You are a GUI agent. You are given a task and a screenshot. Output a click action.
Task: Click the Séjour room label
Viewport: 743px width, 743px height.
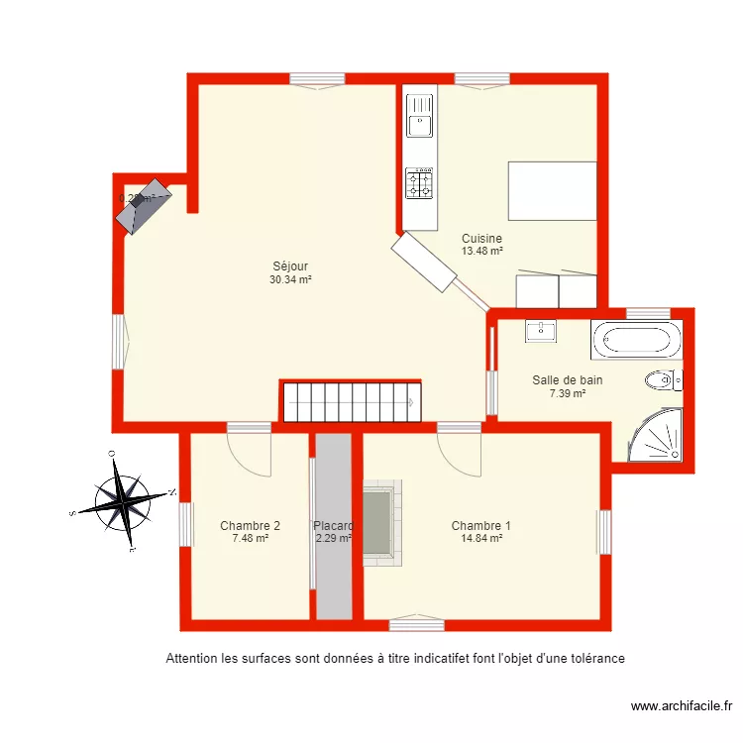[290, 265]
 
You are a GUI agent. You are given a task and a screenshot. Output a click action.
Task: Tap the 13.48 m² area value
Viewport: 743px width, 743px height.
[481, 252]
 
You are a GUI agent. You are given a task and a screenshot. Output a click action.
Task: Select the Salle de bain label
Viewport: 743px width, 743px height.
[567, 379]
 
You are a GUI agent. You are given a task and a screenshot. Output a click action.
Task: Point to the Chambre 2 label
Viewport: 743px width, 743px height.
[250, 526]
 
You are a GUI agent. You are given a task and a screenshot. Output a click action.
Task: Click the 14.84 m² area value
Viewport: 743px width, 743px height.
[481, 539]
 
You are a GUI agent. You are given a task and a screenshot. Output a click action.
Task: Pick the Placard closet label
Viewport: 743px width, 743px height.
[333, 526]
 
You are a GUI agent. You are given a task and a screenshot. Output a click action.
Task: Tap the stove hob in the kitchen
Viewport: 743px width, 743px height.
[420, 183]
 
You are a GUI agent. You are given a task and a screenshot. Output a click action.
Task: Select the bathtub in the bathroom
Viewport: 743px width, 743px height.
[637, 341]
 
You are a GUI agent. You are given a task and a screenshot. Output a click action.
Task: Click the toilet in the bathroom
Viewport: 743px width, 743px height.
[661, 379]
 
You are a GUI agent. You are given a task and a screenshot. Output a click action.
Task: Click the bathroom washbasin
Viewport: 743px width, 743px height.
[541, 331]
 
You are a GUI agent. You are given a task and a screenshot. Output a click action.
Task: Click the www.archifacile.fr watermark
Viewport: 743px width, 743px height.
[681, 706]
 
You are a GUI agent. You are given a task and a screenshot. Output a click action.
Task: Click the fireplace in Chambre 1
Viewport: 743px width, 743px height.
[378, 522]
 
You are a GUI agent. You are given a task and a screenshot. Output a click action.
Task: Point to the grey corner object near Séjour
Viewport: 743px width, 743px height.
[145, 206]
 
